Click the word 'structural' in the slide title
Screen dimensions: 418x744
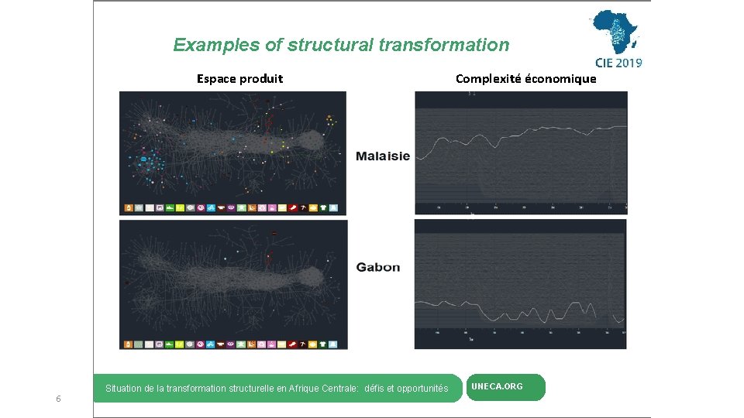click(331, 45)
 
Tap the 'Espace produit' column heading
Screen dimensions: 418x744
click(239, 78)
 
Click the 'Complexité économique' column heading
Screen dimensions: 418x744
click(525, 78)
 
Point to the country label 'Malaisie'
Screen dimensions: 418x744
click(383, 156)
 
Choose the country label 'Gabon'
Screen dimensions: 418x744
click(378, 267)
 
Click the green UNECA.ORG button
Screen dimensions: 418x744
click(505, 387)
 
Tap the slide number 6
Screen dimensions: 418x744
click(58, 399)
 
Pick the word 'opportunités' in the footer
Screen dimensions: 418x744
click(422, 389)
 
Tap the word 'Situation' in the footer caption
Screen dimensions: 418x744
click(123, 389)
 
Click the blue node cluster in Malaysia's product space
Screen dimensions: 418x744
click(146, 162)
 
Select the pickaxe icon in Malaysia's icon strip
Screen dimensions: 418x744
click(303, 208)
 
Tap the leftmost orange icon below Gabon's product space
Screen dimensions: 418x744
click(129, 343)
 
